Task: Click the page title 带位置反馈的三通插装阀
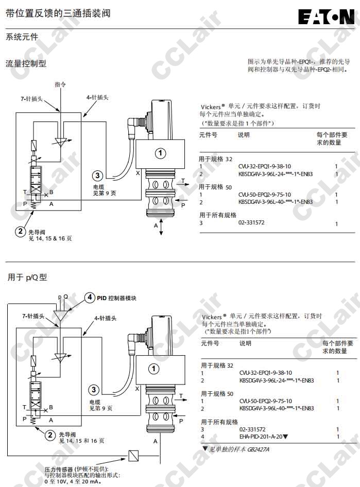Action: [58, 13]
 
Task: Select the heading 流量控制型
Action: [26, 63]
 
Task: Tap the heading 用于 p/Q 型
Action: [27, 277]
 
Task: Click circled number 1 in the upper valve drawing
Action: [161, 152]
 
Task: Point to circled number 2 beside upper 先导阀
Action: [20, 232]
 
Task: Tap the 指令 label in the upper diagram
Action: [60, 83]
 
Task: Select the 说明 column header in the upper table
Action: [244, 135]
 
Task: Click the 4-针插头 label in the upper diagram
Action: [97, 97]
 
